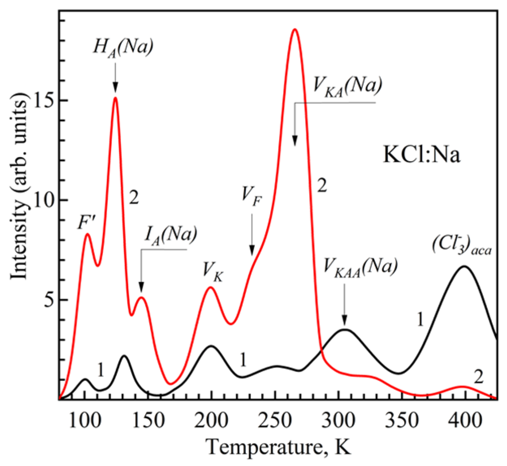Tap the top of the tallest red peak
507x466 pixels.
click(x=294, y=30)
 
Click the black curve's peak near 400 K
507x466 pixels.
click(x=464, y=266)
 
